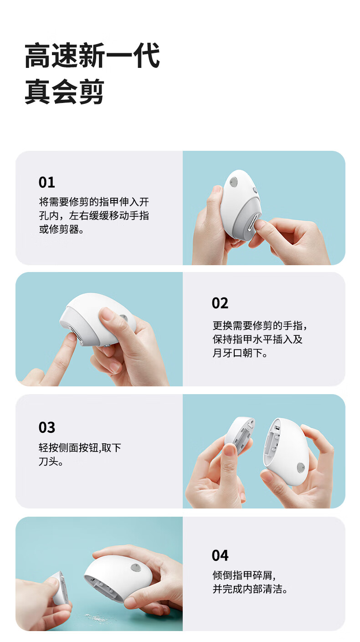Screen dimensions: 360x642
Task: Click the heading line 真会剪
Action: coord(64,92)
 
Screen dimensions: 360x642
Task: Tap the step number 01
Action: coord(47,183)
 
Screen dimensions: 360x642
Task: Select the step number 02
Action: coord(220,303)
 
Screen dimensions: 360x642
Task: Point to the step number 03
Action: coord(47,427)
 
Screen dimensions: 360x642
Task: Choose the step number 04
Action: coord(220,555)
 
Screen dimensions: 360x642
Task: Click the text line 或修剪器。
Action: coord(62,229)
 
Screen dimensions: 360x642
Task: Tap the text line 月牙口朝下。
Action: coord(240,353)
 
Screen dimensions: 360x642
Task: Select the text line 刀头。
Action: coord(51,461)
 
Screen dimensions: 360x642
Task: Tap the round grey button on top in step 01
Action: coord(234,181)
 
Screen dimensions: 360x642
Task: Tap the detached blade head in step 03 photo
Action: coord(240,435)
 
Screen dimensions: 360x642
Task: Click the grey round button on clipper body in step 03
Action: coord(301,467)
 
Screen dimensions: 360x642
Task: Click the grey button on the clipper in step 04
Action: coord(135,567)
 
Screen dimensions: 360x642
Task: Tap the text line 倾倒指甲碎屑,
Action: coord(244,575)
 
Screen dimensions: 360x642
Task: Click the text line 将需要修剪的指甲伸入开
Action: coord(94,202)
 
